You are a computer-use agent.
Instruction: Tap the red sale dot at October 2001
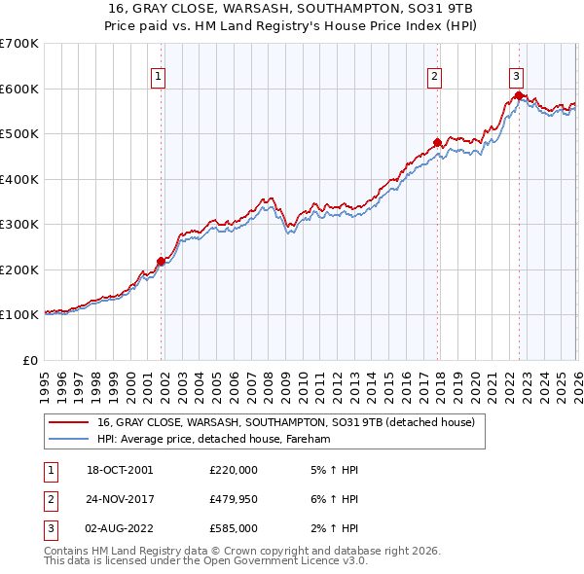point(161,261)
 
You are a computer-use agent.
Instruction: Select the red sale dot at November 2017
point(437,142)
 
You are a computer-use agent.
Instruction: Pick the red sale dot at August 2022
point(519,95)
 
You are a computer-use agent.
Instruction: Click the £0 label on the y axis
point(29,360)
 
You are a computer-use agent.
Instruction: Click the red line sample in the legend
point(68,423)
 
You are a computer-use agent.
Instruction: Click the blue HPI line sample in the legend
point(68,440)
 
